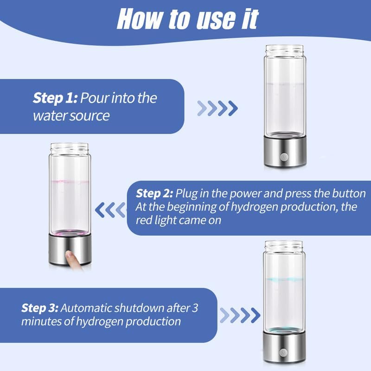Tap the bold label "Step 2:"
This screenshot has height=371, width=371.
(x=154, y=193)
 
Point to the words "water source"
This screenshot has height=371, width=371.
(x=71, y=115)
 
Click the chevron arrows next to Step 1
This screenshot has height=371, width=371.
(x=217, y=109)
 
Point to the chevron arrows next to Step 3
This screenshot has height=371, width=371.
(x=240, y=315)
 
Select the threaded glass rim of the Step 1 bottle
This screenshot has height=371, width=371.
(x=283, y=50)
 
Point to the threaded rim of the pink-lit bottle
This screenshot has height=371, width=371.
(x=69, y=148)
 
